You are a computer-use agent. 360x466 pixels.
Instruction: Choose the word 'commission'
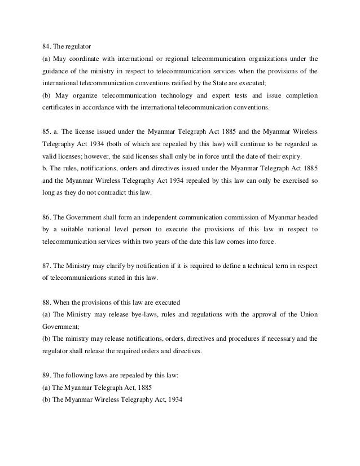point(248,218)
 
